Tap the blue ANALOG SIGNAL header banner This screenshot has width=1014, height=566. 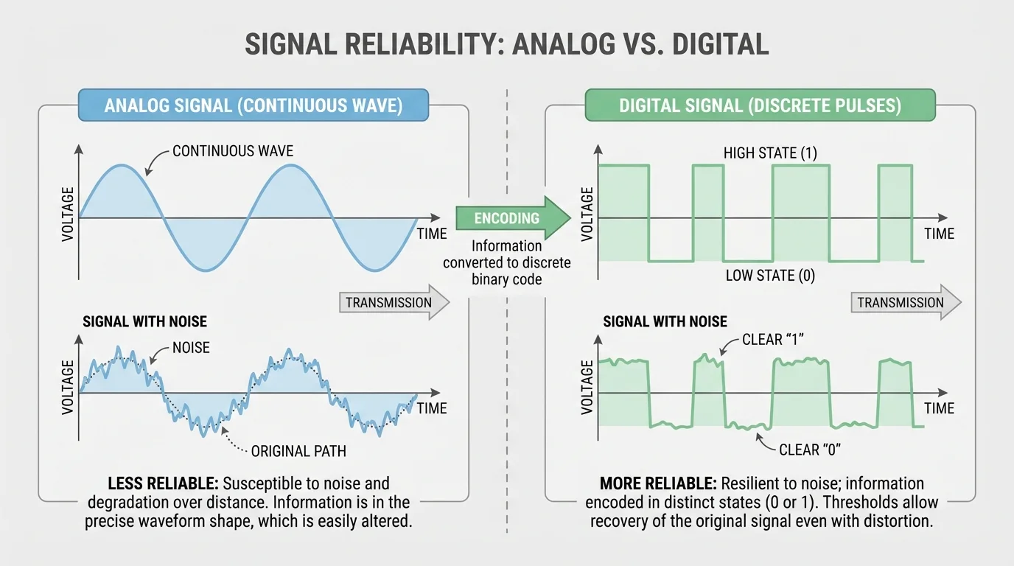(x=253, y=105)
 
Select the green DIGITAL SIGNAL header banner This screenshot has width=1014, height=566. (x=759, y=105)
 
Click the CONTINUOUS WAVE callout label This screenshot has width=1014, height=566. (x=232, y=151)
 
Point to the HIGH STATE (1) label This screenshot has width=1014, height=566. (x=769, y=153)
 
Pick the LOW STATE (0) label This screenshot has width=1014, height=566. (x=769, y=276)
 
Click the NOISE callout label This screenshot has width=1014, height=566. (x=190, y=347)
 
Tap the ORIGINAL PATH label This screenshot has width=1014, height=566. (x=298, y=450)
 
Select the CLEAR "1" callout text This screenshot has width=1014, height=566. (x=772, y=340)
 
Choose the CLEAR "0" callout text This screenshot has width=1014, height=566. (x=809, y=450)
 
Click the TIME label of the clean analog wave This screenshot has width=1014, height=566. (x=432, y=234)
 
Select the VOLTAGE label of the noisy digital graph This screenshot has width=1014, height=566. (x=587, y=387)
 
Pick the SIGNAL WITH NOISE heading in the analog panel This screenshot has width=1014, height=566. (x=144, y=322)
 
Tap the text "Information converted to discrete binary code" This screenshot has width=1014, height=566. (x=506, y=262)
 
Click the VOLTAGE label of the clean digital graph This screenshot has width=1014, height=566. (x=587, y=214)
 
